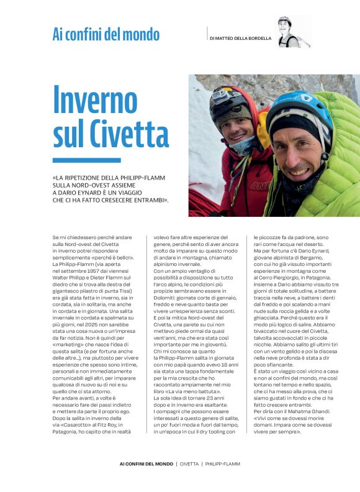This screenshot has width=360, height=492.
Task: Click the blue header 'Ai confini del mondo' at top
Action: [x=106, y=34]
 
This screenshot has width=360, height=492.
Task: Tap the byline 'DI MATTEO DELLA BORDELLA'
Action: [x=240, y=38]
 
